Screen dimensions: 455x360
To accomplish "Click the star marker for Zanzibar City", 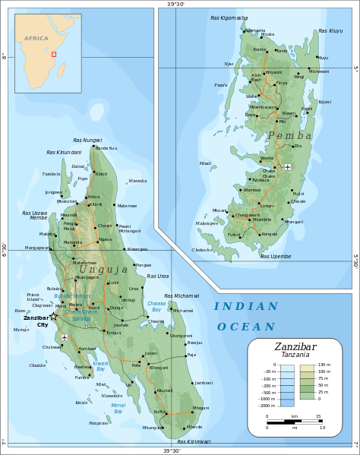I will click(53, 317).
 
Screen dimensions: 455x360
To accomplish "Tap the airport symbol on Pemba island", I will click(288, 166).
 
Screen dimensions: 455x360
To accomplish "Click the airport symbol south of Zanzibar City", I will click(65, 337).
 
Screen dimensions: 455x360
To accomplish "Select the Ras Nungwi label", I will click(87, 141).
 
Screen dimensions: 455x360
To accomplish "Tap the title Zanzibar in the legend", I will click(295, 346).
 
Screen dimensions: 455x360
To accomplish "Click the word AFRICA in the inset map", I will click(36, 38).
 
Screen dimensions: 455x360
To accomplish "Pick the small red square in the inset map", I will click(53, 54).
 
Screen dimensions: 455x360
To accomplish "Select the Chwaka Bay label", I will click(156, 307).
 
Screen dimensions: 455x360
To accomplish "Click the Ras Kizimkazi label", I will click(194, 441).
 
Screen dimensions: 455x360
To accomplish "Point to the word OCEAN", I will click(246, 327).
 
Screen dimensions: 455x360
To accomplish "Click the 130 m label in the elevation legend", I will click(324, 366).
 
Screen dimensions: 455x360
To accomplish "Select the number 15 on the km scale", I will click(317, 416).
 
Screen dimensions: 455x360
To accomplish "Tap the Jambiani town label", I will click(204, 383).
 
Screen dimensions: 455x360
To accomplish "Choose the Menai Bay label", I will click(118, 408).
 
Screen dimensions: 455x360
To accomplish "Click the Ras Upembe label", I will click(276, 256).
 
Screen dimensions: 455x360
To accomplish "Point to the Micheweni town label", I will click(319, 71).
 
